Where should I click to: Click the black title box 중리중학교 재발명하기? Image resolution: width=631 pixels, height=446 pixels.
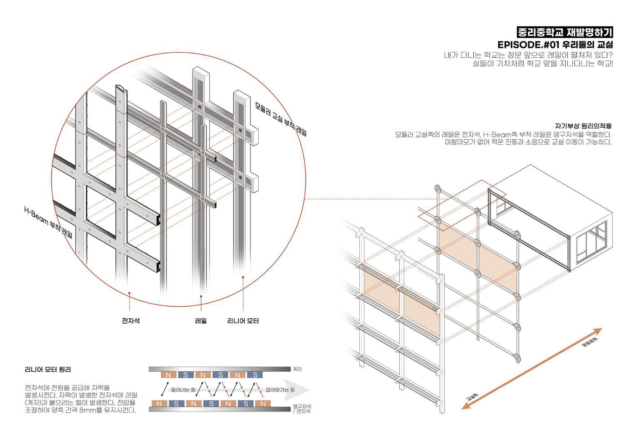[x=565, y=32]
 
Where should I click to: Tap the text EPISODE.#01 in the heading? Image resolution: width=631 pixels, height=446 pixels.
[x=528, y=45]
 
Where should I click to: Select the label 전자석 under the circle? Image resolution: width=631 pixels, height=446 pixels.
[x=131, y=321]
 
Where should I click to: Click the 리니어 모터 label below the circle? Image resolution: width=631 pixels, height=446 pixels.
[x=243, y=321]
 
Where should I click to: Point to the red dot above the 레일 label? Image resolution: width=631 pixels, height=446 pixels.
[x=201, y=296]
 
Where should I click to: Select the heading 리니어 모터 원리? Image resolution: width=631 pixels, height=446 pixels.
[x=48, y=369]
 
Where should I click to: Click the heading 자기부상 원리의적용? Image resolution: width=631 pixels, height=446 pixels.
[x=583, y=126]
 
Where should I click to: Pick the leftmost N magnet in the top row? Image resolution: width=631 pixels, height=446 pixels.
[x=168, y=375]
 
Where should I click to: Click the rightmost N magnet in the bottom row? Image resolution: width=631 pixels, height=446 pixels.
[x=263, y=403]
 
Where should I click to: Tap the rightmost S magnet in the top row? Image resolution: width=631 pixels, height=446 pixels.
[x=255, y=375]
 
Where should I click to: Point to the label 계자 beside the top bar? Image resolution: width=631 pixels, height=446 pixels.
[x=297, y=369]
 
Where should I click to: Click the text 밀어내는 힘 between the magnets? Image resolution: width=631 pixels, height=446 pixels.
[x=183, y=390]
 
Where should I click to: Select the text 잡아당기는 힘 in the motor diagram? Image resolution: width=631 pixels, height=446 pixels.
[x=280, y=390]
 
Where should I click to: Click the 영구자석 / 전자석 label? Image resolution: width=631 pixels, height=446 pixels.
[x=302, y=409]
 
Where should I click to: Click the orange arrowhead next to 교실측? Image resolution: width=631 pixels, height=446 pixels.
[x=466, y=406]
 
